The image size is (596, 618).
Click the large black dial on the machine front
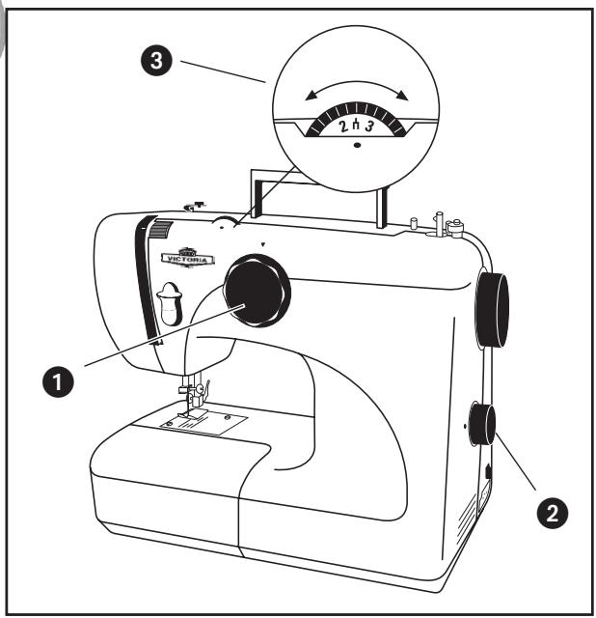tap(257, 293)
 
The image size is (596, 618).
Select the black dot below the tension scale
tap(357, 145)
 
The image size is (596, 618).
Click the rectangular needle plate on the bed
tap(205, 424)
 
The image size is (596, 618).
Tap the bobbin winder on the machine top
tap(440, 221)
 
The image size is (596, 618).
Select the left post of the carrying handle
tap(253, 198)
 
